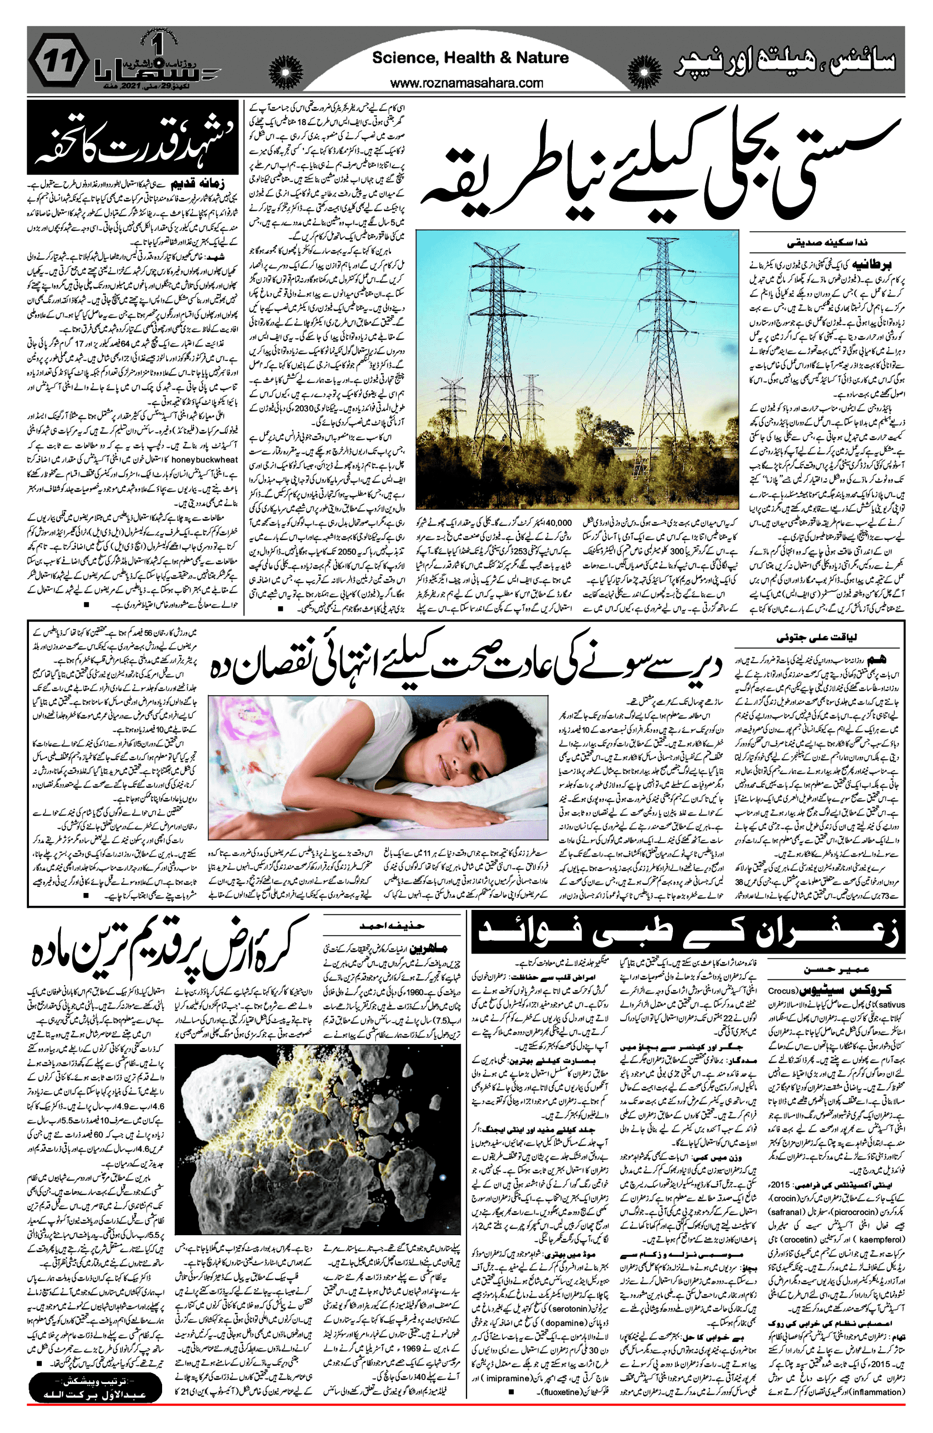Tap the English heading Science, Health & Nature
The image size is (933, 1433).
[x=470, y=58]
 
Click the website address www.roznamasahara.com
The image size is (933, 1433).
[x=467, y=83]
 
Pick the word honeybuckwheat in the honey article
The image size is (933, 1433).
[x=205, y=459]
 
